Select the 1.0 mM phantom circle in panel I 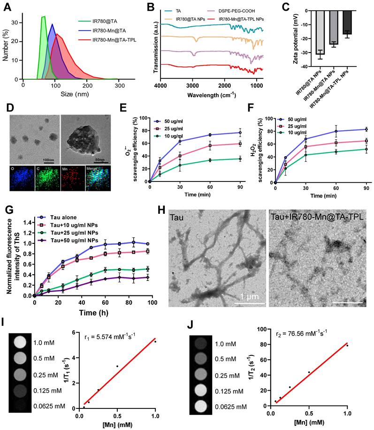click(19, 343)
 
